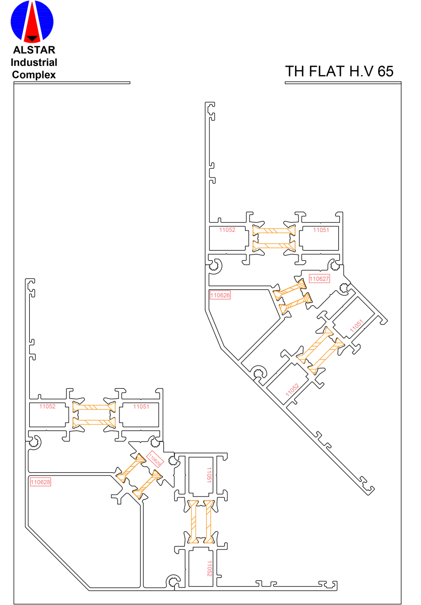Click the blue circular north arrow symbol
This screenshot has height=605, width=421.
(32, 22)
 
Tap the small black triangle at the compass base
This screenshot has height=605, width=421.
(32, 39)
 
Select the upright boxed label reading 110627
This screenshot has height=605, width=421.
(319, 279)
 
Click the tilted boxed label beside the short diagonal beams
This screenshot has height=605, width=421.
(155, 459)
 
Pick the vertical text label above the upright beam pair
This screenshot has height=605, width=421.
(209, 475)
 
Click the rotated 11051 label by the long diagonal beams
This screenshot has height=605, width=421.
(356, 326)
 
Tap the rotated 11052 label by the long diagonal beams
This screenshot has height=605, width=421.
(292, 390)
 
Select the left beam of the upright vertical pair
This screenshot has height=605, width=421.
(194, 522)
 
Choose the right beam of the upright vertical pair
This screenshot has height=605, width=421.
(209, 522)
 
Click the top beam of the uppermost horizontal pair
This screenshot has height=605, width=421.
(274, 230)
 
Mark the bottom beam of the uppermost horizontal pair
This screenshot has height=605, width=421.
(274, 246)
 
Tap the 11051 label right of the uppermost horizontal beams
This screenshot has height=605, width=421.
(321, 230)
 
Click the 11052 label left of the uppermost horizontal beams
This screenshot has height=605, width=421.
(227, 230)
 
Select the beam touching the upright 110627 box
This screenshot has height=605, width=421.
(289, 289)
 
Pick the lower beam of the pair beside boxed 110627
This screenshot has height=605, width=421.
(295, 304)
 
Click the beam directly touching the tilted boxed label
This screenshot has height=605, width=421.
(131, 468)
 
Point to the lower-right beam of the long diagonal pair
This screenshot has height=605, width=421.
(326, 356)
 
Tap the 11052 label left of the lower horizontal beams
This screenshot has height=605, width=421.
(47, 406)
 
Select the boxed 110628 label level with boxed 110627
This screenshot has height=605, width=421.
(220, 295)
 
